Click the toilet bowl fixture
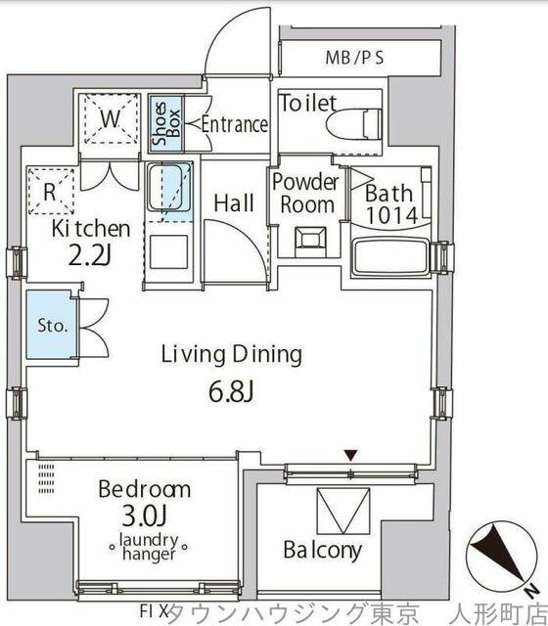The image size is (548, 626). tap(353, 124)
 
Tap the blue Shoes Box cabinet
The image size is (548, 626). tap(166, 124)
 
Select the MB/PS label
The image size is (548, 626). tap(354, 58)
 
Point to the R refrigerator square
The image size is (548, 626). tap(51, 192)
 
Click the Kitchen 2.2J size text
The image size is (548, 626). tap(89, 257)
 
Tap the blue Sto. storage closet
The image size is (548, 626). tap(52, 324)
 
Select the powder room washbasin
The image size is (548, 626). tap(310, 242)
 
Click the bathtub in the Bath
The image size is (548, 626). tap(390, 257)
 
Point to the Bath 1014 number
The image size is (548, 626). tap(392, 216)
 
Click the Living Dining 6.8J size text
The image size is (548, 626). tap(231, 393)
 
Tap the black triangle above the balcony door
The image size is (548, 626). tap(350, 455)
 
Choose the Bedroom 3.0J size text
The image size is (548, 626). tap(144, 517)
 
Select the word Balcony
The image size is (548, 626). tap(323, 550)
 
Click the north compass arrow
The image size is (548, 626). tap(498, 556)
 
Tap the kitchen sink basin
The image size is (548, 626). tap(169, 188)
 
